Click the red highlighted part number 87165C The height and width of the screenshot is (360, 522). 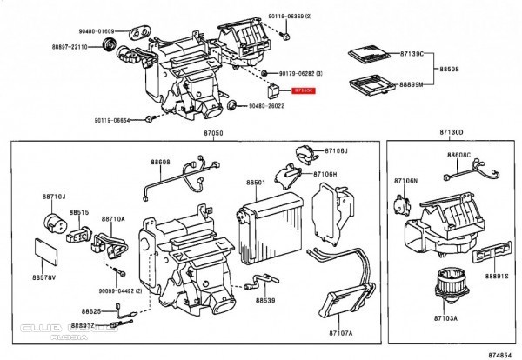[304, 90]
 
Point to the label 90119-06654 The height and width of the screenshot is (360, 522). [112, 120]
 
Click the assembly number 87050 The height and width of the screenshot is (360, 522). [213, 134]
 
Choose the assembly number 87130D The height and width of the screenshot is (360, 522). [450, 133]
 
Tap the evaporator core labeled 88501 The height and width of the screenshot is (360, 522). [270, 223]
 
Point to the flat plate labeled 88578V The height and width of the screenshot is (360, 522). [45, 247]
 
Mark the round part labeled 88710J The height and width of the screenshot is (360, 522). [55, 223]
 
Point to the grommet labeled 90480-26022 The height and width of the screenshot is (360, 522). [232, 107]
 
